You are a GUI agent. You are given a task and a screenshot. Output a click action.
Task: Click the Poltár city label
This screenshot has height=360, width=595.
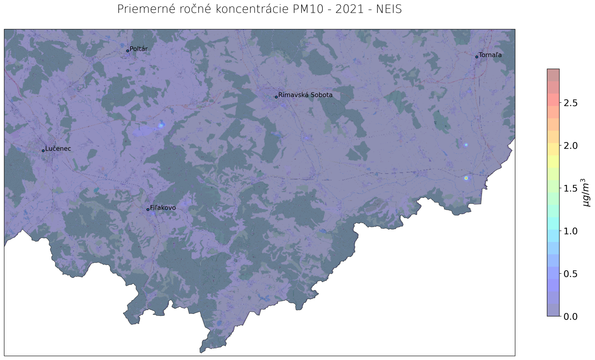click(138, 49)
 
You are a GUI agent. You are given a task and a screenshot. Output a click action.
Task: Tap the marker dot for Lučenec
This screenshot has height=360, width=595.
click(43, 151)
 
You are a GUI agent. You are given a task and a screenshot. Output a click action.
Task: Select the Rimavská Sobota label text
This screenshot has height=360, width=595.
click(305, 95)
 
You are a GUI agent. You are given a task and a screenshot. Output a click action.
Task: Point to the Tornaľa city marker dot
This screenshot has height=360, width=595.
click(477, 57)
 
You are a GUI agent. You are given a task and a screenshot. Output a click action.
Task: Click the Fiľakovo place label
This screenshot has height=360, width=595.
click(163, 208)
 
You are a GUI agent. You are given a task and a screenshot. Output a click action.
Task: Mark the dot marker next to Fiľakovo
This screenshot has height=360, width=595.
click(148, 209)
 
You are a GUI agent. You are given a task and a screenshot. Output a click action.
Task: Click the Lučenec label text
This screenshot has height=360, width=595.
click(58, 149)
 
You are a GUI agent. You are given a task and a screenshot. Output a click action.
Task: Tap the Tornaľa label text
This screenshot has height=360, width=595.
click(490, 55)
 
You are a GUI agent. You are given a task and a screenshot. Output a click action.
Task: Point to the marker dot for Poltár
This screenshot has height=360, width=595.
click(128, 51)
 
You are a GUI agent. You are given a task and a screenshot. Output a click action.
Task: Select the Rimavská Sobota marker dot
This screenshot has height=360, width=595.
click(276, 97)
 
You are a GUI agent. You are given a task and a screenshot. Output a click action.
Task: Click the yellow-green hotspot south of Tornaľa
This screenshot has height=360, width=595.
click(466, 178)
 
